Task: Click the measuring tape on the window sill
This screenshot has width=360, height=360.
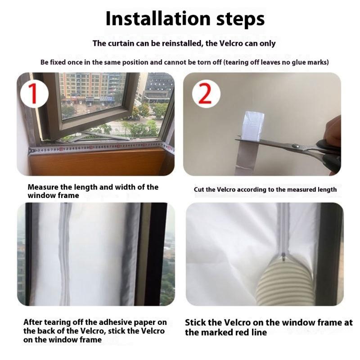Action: (99, 146)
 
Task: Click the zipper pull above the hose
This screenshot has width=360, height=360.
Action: (283, 256)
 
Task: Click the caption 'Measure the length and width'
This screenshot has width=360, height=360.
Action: (93, 187)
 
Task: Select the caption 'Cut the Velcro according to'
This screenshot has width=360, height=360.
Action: (265, 189)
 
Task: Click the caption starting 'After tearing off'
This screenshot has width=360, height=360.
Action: (95, 322)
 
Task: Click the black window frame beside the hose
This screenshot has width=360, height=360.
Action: (328, 252)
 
